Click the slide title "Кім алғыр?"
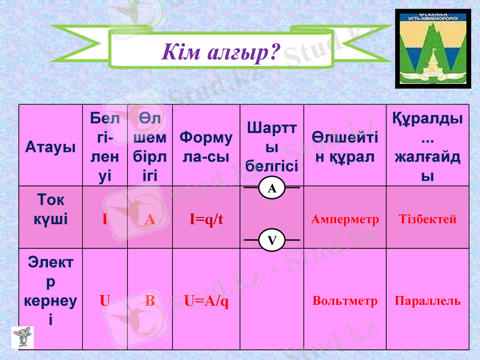221,52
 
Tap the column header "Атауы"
50,147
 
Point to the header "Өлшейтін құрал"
345,147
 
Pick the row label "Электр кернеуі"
50,290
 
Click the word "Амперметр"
345,220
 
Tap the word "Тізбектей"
427,220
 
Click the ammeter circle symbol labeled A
272,188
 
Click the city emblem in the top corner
433,49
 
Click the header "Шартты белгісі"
272,147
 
